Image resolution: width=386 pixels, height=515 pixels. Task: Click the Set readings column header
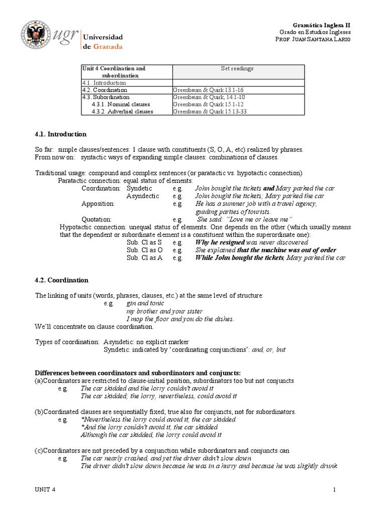tap(237, 68)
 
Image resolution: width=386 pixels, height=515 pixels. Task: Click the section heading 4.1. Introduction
tap(61, 134)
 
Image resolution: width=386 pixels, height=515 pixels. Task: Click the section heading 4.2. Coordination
tap(61, 280)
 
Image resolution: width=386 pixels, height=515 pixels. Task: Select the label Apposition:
tap(98, 204)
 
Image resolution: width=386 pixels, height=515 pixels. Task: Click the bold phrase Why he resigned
tap(220, 242)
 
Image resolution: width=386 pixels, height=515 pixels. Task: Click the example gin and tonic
tap(139, 304)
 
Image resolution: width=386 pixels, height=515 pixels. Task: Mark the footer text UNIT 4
tap(45, 490)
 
